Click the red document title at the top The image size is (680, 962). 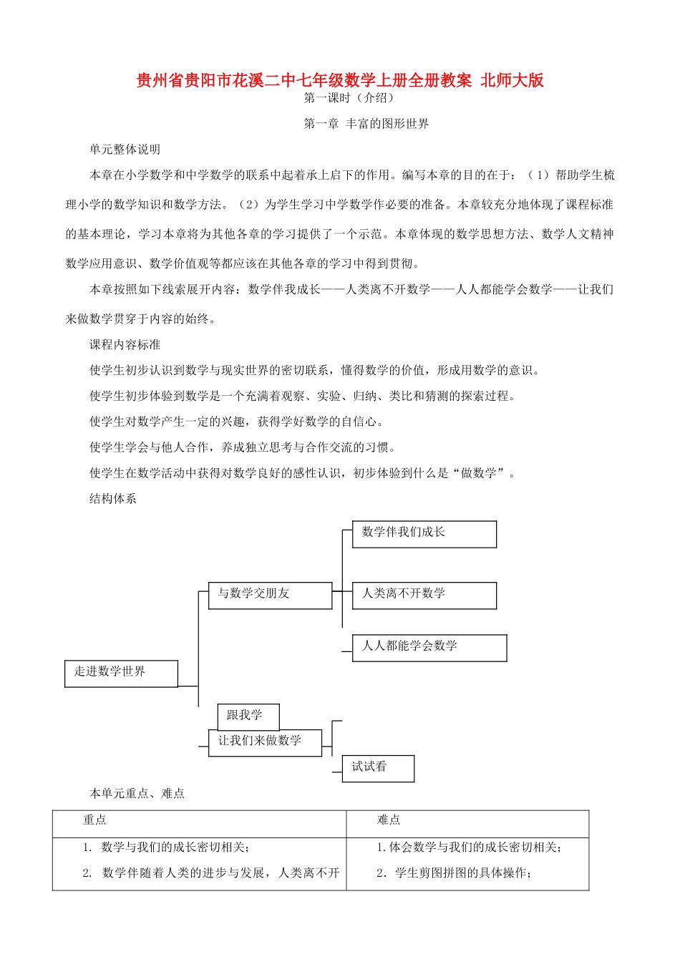click(x=340, y=80)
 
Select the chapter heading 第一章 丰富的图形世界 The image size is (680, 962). click(x=366, y=124)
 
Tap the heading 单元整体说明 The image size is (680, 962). click(x=125, y=150)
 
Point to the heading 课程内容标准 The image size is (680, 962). click(x=125, y=345)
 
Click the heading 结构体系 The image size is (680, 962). click(x=112, y=499)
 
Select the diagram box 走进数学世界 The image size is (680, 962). click(x=121, y=674)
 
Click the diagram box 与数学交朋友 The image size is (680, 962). click(x=270, y=596)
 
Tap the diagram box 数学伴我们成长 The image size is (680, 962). click(x=424, y=535)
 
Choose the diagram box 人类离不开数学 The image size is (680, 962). click(x=424, y=596)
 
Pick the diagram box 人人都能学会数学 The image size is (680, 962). click(x=429, y=648)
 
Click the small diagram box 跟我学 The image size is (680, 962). click(x=248, y=716)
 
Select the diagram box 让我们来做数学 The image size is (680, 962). click(x=265, y=743)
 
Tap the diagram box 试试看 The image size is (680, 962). click(x=378, y=769)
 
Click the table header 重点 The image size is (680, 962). click(x=94, y=820)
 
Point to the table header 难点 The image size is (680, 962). click(x=389, y=820)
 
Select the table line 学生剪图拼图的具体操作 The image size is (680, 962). click(x=462, y=873)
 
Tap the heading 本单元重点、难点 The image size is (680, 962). click(x=137, y=794)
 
